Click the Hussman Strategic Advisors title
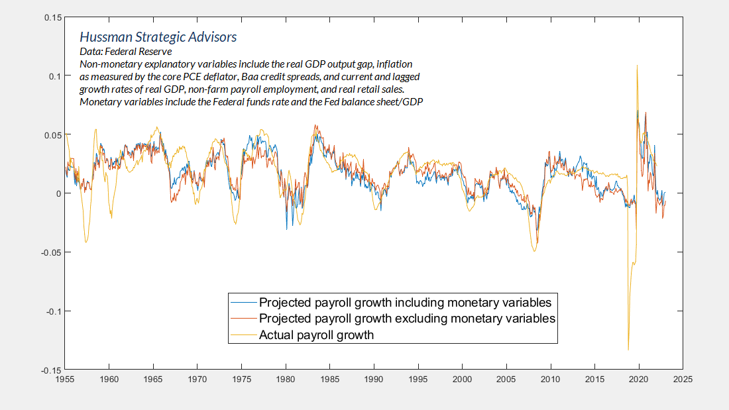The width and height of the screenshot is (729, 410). pyautogui.click(x=158, y=37)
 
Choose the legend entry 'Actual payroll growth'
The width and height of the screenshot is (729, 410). pyautogui.click(x=316, y=335)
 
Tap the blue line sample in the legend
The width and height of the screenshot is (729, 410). pyautogui.click(x=243, y=302)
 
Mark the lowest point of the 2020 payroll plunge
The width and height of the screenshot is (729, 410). pyautogui.click(x=628, y=350)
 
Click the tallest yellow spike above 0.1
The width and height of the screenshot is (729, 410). pyautogui.click(x=637, y=66)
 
